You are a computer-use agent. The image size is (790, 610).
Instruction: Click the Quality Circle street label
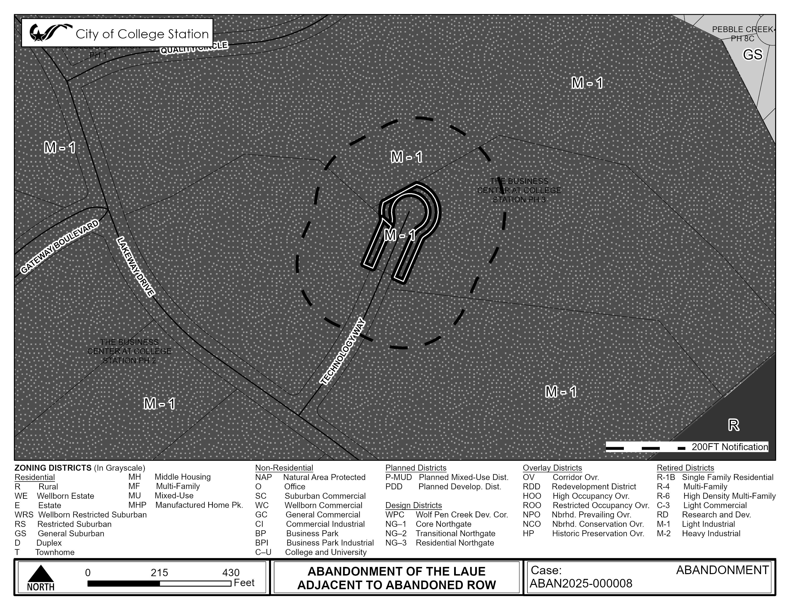[x=194, y=48]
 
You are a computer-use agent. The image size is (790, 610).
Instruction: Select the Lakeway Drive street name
[x=136, y=267]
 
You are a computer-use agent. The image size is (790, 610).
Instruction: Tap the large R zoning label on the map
[x=733, y=425]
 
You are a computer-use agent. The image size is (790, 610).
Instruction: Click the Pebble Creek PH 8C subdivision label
[x=742, y=33]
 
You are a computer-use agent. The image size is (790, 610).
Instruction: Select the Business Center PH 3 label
[x=519, y=190]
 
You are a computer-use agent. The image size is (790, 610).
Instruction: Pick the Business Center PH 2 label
[x=129, y=351]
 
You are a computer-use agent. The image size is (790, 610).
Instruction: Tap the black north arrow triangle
[x=41, y=574]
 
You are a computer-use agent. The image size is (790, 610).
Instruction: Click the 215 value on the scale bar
[x=159, y=573]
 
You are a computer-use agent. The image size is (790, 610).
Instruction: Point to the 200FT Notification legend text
[x=730, y=447]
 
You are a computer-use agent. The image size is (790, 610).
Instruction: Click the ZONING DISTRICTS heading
[x=53, y=468]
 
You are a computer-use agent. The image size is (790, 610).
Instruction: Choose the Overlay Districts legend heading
[x=552, y=468]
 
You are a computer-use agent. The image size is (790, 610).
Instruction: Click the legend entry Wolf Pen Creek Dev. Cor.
[x=462, y=515]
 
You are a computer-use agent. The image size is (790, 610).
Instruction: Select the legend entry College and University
[x=326, y=552]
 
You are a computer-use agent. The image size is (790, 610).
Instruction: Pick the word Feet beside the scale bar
[x=244, y=582]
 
